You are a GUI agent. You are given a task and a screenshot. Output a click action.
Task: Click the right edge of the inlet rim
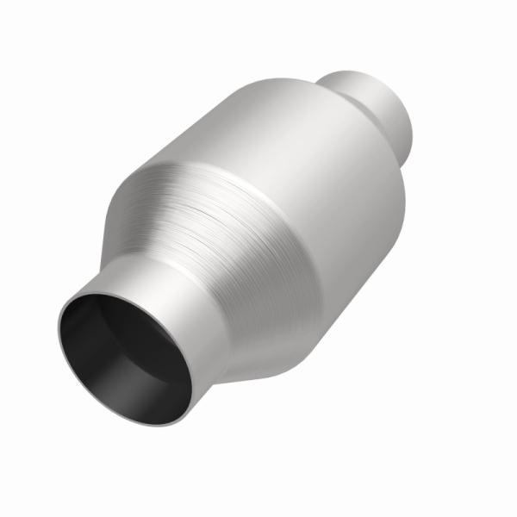click(195, 379)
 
